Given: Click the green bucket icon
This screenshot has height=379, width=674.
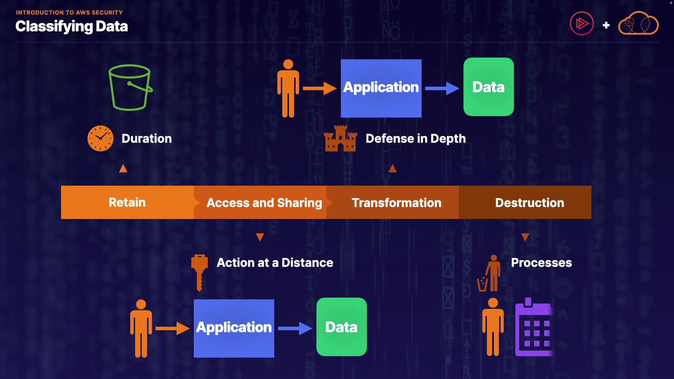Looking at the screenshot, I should point(130,87).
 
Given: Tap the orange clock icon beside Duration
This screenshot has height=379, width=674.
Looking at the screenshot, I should point(100,138).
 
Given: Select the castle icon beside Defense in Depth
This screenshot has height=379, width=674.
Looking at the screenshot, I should point(340,139).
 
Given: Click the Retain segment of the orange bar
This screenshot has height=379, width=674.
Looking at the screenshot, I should point(127,202).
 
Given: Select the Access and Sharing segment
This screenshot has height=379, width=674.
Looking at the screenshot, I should point(264,203).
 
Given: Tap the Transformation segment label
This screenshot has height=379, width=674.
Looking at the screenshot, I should point(396,203).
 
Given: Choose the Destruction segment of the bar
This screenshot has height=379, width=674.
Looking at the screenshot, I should point(529,203).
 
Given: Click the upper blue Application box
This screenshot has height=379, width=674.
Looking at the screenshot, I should point(381,88).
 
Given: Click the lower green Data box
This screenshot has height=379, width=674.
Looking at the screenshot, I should point(341,327).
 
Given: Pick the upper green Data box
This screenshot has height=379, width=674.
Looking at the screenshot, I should point(488,87).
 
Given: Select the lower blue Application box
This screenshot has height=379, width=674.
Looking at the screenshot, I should point(234,328).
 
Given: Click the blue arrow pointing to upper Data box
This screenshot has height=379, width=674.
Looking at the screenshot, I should point(442,88).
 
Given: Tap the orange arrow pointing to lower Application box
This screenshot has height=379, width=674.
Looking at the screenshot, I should point(172,328).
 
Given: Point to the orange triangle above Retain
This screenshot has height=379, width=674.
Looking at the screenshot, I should point(123,168).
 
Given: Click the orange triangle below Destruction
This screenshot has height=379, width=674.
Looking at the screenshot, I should point(525,237).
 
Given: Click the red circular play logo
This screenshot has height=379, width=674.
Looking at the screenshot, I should point(581,24).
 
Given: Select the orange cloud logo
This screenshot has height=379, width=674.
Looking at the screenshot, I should point(638,24).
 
